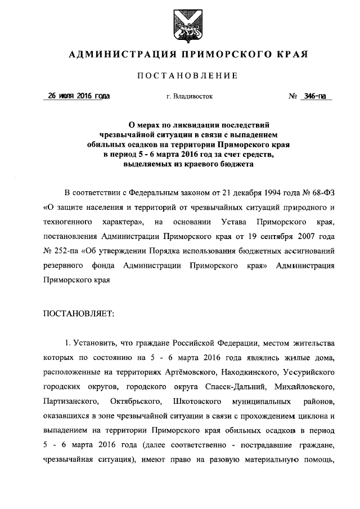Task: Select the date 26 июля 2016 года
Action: pyautogui.click(x=79, y=96)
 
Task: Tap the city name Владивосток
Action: pyautogui.click(x=190, y=97)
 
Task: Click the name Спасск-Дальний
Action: pyautogui.click(x=230, y=388)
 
